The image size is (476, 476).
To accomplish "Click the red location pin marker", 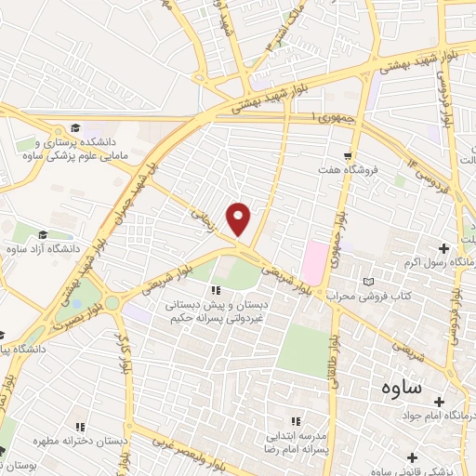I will tap(239, 219).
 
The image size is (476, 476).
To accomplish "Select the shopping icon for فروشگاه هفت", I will tap(347, 156).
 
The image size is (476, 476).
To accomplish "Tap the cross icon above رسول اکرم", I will tap(443, 248).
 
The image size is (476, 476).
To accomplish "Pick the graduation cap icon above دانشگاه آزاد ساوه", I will tap(42, 234).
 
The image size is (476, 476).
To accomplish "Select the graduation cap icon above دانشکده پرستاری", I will tap(74, 128).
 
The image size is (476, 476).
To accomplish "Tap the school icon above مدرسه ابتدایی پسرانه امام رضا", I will tap(297, 421).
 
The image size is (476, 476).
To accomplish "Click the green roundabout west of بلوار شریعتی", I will tap(111, 303).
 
